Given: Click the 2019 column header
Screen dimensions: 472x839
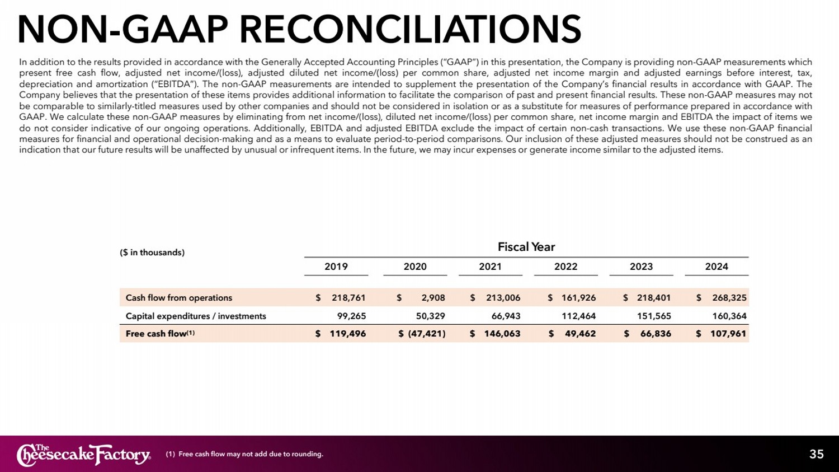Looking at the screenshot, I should click(x=336, y=267).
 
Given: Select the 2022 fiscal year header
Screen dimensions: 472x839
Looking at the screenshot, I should click(x=565, y=267).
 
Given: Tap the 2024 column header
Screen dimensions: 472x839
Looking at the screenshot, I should click(x=717, y=267).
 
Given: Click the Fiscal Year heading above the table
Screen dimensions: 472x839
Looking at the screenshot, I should click(x=526, y=247).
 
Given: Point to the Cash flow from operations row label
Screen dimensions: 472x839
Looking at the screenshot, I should click(x=178, y=298).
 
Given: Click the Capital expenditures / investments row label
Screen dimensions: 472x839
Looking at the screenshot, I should click(x=196, y=316).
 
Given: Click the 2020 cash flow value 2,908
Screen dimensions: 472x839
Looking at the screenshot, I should click(x=433, y=298).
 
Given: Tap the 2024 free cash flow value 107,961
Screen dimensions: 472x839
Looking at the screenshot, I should click(x=728, y=334).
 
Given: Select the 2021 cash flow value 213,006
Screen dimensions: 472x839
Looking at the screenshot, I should click(x=503, y=298).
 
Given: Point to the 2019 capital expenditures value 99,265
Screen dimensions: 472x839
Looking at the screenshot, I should click(x=351, y=316).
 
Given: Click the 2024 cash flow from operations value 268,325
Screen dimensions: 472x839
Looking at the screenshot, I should click(x=729, y=298).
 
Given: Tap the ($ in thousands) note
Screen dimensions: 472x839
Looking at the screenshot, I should click(x=152, y=253).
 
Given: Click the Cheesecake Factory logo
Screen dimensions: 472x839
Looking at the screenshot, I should click(x=84, y=455).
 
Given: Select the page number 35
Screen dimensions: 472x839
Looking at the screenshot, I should click(x=816, y=454).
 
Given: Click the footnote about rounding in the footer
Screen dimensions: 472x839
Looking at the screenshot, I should click(x=244, y=454).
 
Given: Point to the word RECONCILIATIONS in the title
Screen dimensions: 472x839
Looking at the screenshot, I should click(x=410, y=29).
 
